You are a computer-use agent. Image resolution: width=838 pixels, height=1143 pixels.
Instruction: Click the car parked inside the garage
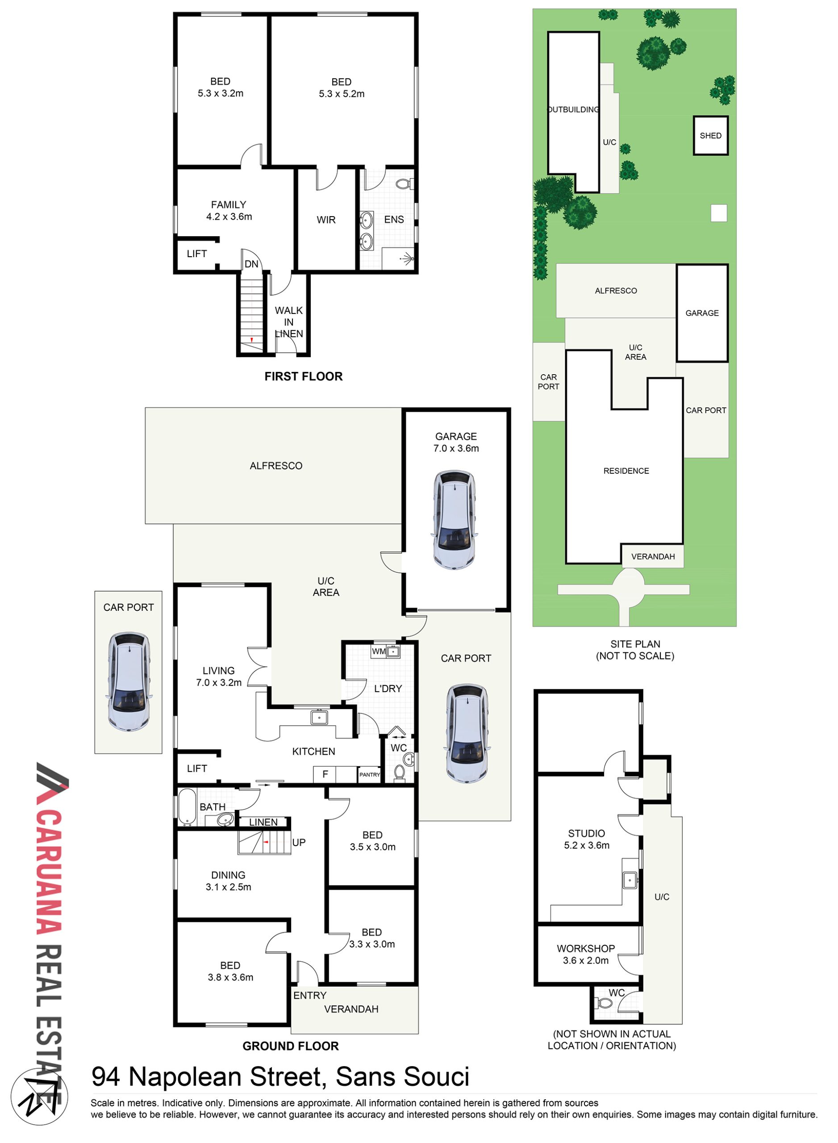click(x=454, y=520)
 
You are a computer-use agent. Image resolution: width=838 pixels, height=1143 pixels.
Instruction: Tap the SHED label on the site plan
click(x=710, y=135)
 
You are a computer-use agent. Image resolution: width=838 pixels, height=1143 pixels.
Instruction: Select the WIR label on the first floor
click(x=326, y=220)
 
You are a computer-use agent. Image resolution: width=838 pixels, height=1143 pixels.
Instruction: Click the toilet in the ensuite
click(x=405, y=183)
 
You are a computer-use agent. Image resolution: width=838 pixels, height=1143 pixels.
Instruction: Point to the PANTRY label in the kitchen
click(x=369, y=775)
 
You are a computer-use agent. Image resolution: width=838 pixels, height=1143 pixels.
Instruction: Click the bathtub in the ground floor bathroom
click(x=187, y=806)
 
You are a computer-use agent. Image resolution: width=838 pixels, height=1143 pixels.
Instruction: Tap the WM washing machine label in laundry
click(x=379, y=651)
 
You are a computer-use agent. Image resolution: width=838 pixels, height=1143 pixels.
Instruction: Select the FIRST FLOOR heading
click(x=303, y=376)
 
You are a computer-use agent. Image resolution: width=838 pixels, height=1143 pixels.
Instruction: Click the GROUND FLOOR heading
click(x=291, y=1046)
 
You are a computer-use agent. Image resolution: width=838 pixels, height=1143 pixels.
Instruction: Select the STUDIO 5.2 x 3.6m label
click(x=586, y=839)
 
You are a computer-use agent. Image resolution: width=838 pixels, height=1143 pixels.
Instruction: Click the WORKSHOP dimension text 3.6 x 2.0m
click(x=585, y=960)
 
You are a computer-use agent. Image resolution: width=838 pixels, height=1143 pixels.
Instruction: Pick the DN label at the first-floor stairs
click(x=252, y=264)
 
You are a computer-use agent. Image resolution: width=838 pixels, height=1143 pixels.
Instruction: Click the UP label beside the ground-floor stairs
click(x=299, y=843)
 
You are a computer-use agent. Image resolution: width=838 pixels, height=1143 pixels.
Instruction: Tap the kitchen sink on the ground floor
click(x=319, y=718)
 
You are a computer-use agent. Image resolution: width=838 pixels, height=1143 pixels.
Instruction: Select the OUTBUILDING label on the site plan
click(x=573, y=109)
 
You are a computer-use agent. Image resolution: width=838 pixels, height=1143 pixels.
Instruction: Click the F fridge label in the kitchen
click(x=325, y=774)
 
